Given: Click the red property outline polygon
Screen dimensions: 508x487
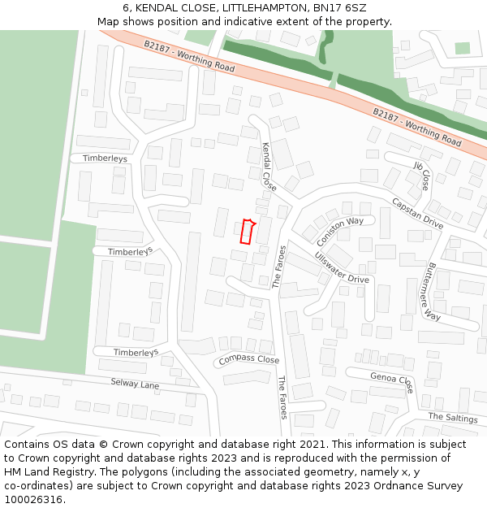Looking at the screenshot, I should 248,232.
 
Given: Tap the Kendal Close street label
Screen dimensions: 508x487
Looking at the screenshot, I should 269,167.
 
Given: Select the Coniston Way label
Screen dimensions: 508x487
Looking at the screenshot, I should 340,231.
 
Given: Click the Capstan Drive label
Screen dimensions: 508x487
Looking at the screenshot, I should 417,213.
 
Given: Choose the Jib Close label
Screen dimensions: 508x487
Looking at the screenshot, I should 422,176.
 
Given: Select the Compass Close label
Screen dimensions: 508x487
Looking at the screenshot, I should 248,359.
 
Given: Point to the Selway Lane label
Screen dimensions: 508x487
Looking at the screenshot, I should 135,383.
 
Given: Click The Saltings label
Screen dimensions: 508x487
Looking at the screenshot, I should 453,417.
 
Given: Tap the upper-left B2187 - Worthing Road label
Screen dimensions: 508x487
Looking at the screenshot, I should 189,56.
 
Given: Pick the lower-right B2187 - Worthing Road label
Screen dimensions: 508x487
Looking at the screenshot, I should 417,128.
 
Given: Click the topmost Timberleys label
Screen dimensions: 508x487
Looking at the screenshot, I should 105,158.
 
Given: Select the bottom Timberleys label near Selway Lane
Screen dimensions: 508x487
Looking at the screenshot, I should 136,352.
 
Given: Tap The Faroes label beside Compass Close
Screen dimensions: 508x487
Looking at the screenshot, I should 282,397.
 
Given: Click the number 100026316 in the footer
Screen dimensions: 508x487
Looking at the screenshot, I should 35,500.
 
